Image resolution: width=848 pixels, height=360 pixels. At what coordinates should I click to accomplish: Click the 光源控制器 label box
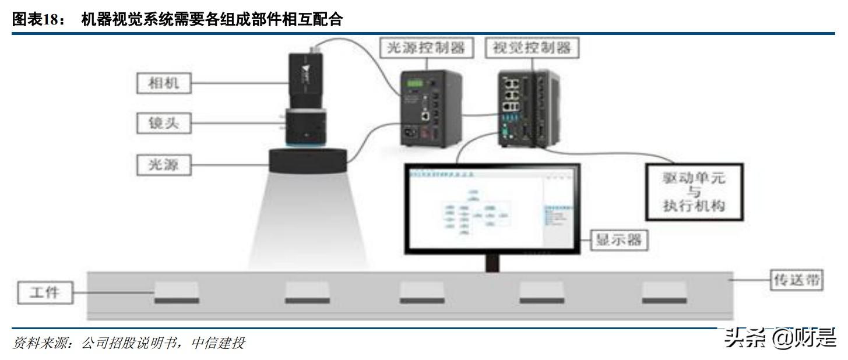[427, 48]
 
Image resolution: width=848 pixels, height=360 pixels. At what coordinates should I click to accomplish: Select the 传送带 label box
[796, 280]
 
